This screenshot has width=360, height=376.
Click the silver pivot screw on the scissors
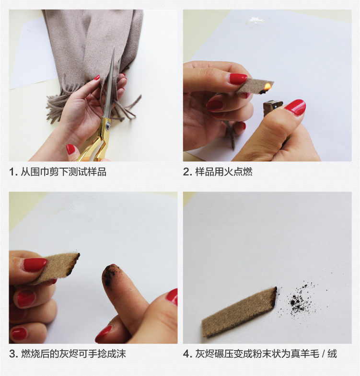[x=108, y=125]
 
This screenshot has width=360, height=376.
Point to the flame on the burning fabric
[x=268, y=86]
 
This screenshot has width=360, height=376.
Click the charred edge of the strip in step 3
[x=73, y=264]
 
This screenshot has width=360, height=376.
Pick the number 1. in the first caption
[x=13, y=172]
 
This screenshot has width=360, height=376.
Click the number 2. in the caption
[x=187, y=172]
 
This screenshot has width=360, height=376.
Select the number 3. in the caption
[x=13, y=354]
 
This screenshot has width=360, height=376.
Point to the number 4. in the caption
[x=187, y=354]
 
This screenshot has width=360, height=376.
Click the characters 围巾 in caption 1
[x=40, y=171]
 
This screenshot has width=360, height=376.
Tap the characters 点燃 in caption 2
[x=243, y=171]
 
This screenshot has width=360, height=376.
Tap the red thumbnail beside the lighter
[x=296, y=107]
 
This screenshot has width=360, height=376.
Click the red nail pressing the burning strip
[x=238, y=79]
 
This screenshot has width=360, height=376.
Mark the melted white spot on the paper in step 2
[x=255, y=21]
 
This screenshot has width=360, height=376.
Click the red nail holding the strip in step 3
[x=35, y=264]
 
